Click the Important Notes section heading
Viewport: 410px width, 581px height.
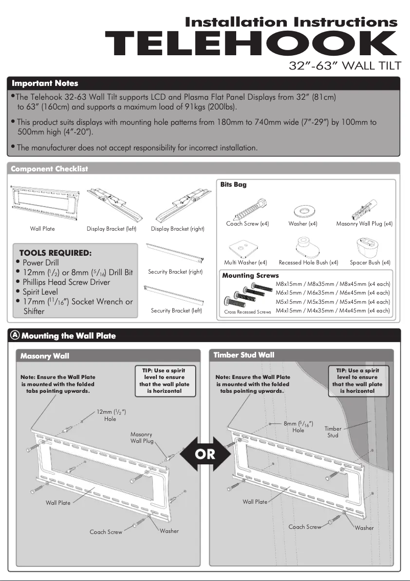pyautogui.click(x=45, y=83)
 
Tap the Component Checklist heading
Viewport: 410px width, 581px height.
pyautogui.click(x=50, y=169)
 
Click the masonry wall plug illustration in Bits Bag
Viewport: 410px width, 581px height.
pyautogui.click(x=363, y=208)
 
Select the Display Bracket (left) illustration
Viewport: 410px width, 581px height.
pyautogui.click(x=111, y=203)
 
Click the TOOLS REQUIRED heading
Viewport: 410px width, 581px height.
pyautogui.click(x=55, y=253)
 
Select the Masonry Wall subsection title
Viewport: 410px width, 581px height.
pyautogui.click(x=44, y=356)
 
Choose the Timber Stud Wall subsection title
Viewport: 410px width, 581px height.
pyautogui.click(x=243, y=355)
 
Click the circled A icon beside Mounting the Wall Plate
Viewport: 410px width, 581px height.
pyautogui.click(x=15, y=335)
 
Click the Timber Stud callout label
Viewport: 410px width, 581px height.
pyautogui.click(x=332, y=432)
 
